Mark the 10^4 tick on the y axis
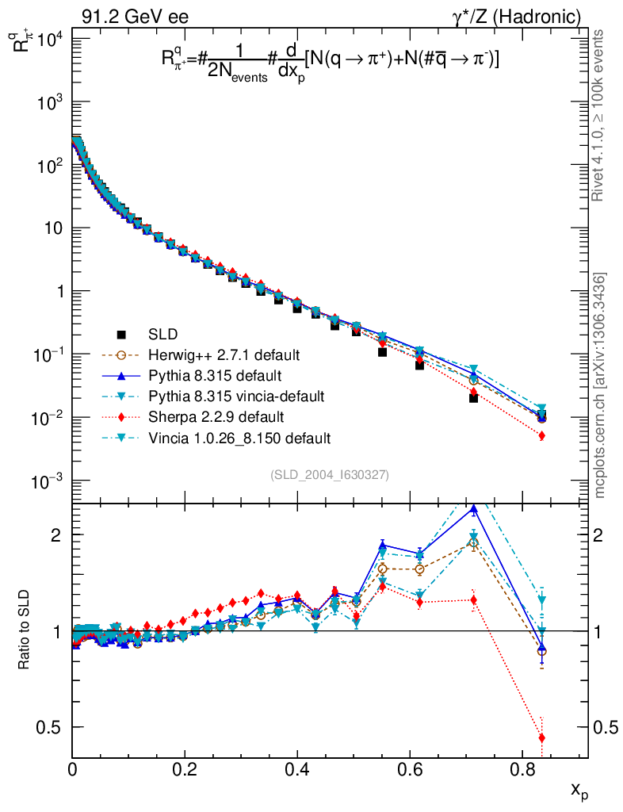click(x=48, y=40)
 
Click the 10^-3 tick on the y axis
click(x=48, y=481)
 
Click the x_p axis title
click(x=579, y=790)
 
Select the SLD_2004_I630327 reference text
click(x=330, y=474)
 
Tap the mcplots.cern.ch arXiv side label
click(x=601, y=385)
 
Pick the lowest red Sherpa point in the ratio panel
click(x=542, y=738)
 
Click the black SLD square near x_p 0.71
click(x=473, y=398)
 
